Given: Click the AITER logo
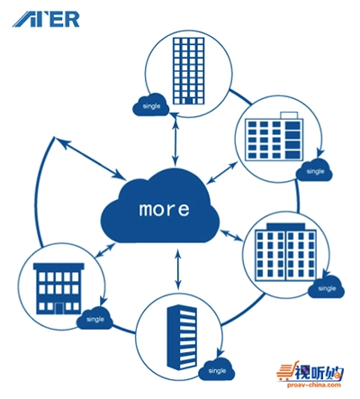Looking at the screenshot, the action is (x=46, y=20).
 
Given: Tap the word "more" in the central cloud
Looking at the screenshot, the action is (x=165, y=209).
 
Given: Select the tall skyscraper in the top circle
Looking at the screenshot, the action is (x=189, y=71).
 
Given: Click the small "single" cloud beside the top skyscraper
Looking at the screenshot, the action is (x=151, y=104).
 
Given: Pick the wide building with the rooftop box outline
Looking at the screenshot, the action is (x=274, y=136).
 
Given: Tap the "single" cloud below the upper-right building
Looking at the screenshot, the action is (x=315, y=170).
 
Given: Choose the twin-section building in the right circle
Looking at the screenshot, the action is (x=285, y=251).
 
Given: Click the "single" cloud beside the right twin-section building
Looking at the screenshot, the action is (x=327, y=287).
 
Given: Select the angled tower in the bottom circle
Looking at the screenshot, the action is (x=182, y=337).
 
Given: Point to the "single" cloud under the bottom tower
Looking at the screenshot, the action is (x=217, y=369).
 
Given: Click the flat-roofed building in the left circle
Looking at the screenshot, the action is (x=58, y=289).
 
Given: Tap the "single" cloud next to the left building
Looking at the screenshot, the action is (x=94, y=318).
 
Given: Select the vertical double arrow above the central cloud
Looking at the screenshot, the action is (x=175, y=140).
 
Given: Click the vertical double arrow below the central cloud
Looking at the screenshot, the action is (x=178, y=269).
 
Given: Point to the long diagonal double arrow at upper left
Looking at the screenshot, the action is (x=89, y=159).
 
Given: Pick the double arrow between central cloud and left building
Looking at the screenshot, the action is (x=105, y=250).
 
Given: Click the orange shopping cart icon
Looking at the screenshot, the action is (x=283, y=372).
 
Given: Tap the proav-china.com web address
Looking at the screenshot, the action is (x=314, y=385).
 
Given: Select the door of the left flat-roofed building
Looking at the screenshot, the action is (x=59, y=308).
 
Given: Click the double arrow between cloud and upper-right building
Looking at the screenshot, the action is (x=222, y=173).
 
